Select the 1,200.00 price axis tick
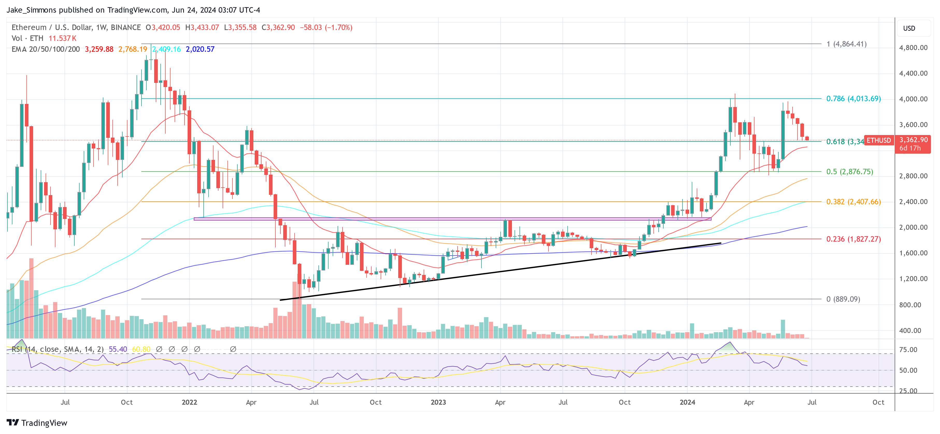click(x=913, y=279)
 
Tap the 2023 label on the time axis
click(x=438, y=402)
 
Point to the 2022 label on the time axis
click(x=189, y=402)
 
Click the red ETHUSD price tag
click(x=878, y=140)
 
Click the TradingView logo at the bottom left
click(x=37, y=423)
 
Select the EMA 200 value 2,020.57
click(x=200, y=49)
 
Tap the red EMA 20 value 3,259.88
click(x=99, y=49)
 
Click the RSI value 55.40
click(x=118, y=349)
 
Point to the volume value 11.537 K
click(x=62, y=38)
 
